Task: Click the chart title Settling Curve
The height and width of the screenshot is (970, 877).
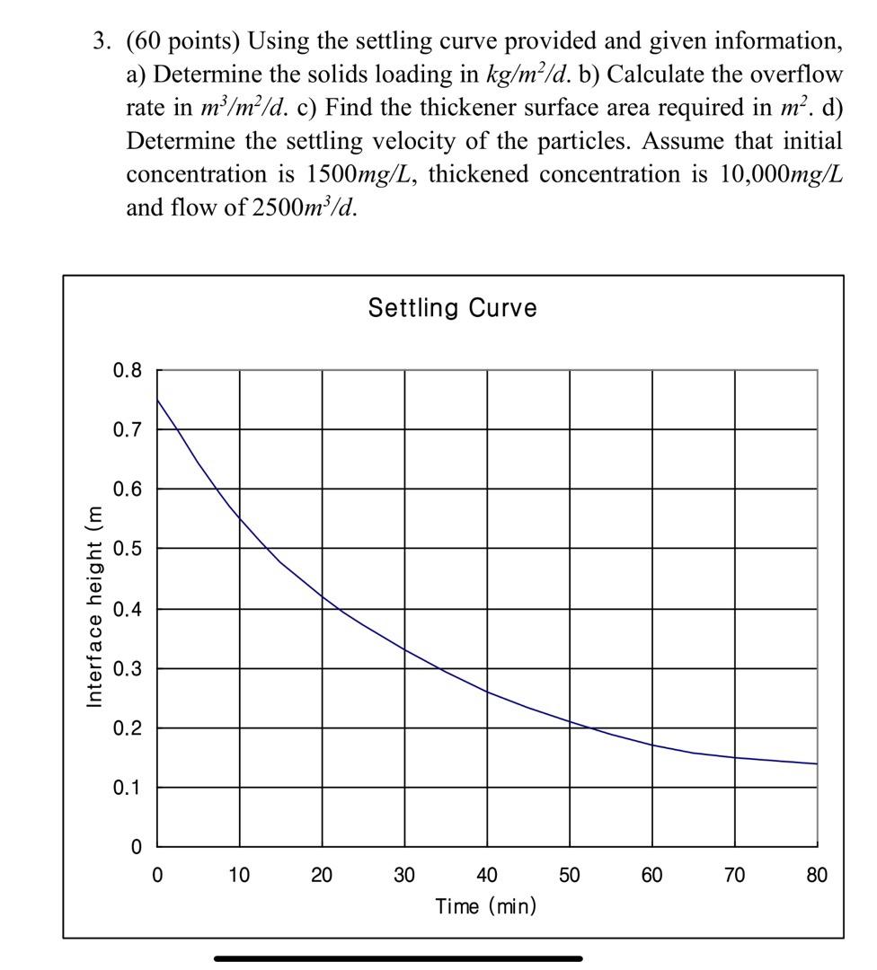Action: [452, 308]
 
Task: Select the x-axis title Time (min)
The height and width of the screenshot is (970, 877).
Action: [485, 905]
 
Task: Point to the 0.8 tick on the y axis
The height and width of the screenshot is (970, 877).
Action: [128, 370]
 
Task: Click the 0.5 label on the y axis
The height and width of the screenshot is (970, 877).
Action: [128, 548]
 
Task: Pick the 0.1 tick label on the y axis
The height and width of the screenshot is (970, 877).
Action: [128, 788]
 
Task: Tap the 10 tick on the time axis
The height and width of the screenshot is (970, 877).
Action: [239, 875]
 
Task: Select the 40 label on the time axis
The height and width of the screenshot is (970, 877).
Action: [486, 875]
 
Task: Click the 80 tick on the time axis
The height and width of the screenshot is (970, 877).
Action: [816, 875]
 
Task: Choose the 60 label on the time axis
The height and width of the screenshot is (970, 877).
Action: [651, 875]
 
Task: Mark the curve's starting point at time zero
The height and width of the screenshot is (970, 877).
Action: [158, 400]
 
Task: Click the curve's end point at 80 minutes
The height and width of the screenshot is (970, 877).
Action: [816, 763]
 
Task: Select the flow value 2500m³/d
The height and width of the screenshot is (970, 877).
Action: [302, 207]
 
